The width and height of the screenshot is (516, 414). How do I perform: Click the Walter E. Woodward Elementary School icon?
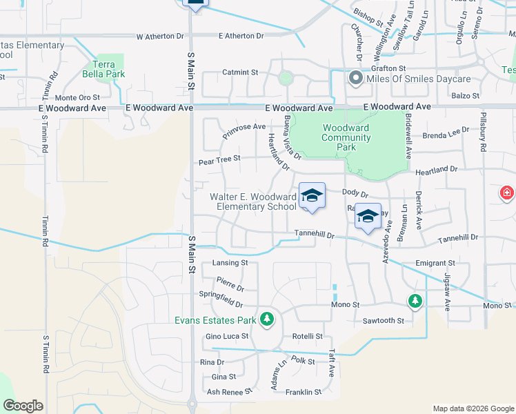click(312, 197)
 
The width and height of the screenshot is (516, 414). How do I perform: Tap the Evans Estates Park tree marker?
click(267, 319)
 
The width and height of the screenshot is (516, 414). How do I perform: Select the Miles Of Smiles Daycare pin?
click(356, 78)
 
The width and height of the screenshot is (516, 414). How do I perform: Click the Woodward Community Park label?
click(346, 137)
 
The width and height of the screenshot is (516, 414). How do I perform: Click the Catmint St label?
click(239, 72)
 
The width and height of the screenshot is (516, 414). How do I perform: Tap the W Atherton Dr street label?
click(161, 36)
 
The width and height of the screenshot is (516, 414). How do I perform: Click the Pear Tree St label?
click(219, 159)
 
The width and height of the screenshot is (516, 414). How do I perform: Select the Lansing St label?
click(230, 263)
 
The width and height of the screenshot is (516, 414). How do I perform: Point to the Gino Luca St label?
click(226, 336)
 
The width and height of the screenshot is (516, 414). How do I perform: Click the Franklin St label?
click(304, 392)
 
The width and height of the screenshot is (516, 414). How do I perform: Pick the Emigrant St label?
click(435, 263)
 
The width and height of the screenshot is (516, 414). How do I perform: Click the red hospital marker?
click(508, 193)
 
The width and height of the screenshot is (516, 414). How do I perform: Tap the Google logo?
click(23, 406)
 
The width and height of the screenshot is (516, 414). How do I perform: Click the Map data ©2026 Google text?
click(473, 408)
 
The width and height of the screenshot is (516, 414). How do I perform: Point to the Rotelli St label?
click(307, 336)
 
